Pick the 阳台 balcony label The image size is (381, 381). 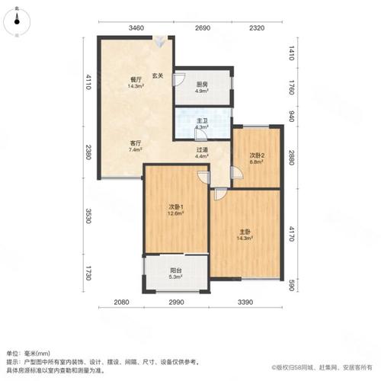click(x=175, y=273)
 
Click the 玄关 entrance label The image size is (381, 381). click(x=158, y=75)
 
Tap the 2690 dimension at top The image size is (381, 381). click(x=202, y=28)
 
